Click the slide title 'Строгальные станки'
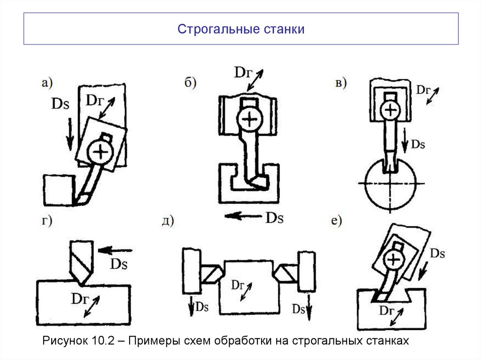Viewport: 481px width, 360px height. (241, 29)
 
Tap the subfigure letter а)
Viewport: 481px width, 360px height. (47, 83)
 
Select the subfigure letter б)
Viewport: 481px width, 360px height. (190, 83)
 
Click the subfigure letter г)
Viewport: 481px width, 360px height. (46, 221)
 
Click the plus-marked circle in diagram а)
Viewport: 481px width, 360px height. (99, 151)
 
